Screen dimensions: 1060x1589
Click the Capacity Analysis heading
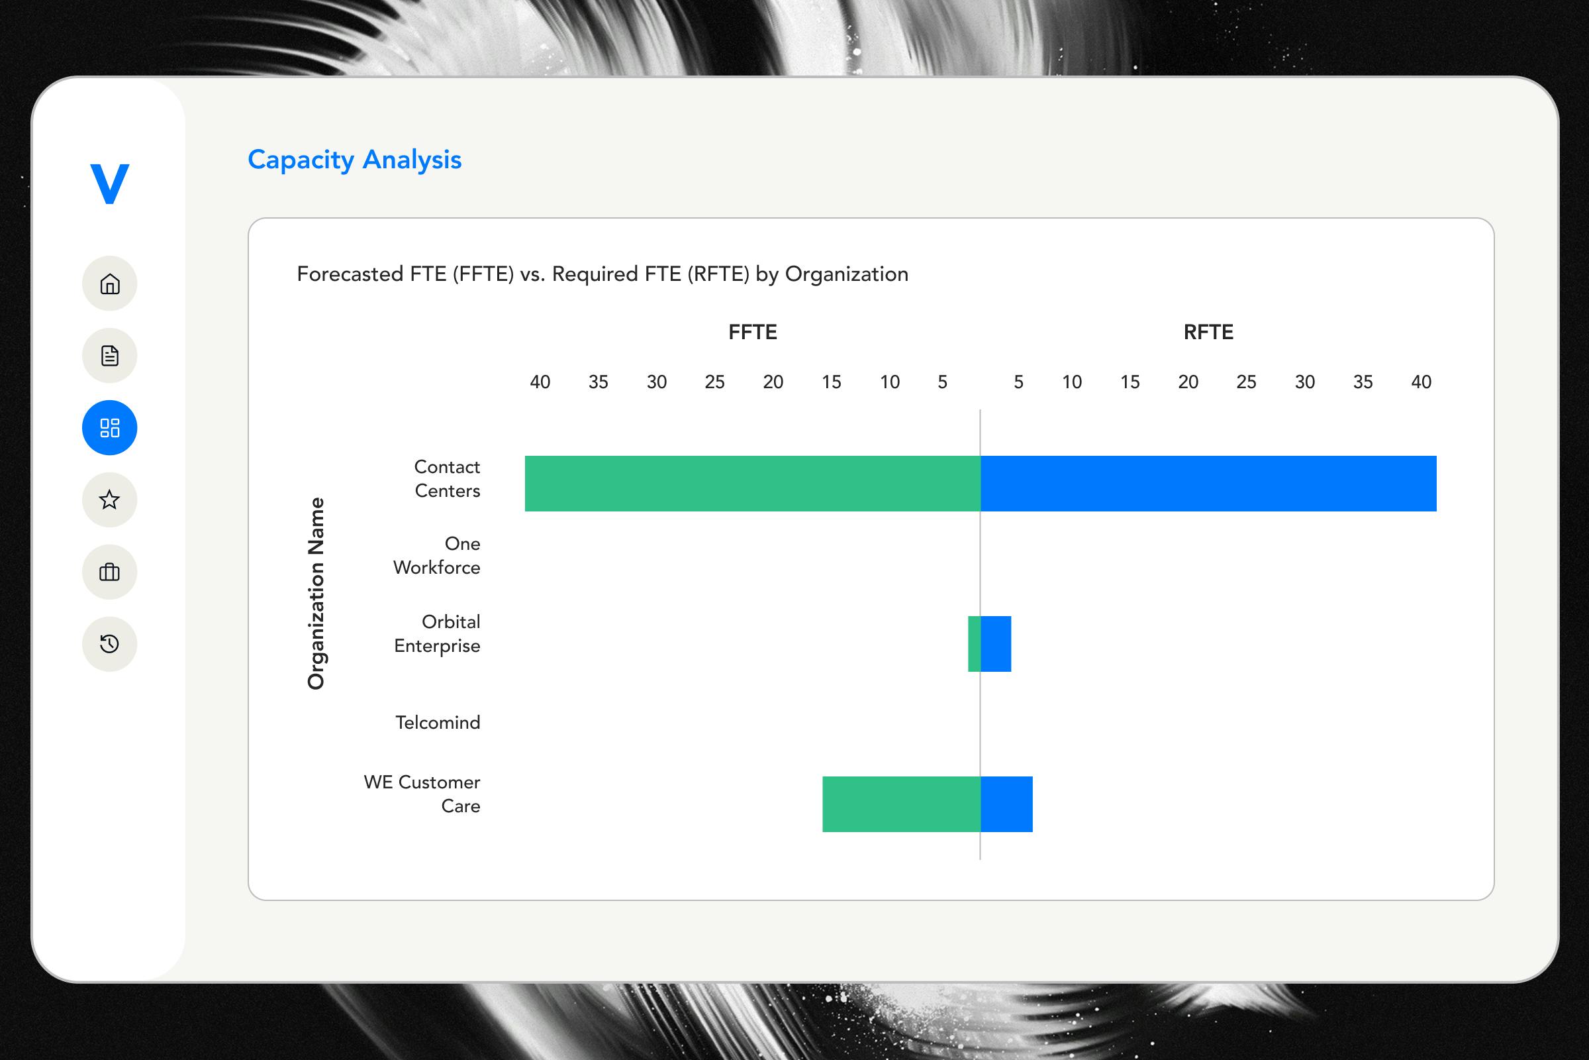click(x=354, y=160)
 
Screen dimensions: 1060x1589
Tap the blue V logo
click(x=109, y=184)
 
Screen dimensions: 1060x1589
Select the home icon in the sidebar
click(x=109, y=284)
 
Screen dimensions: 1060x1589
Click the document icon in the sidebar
click(x=109, y=356)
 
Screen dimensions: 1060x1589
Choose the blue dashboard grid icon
click(x=109, y=427)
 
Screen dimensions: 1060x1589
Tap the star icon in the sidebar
click(x=109, y=500)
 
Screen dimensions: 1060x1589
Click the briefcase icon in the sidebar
click(x=109, y=572)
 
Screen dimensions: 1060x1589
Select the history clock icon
click(x=109, y=643)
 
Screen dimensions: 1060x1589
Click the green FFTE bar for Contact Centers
click(x=752, y=484)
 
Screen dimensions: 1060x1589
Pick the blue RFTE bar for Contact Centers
click(x=1208, y=484)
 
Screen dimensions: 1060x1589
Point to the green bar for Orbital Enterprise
click(x=974, y=643)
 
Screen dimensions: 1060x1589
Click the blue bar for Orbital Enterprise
click(x=996, y=643)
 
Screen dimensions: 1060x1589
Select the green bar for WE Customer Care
click(x=901, y=804)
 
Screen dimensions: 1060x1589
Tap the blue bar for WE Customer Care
click(x=1006, y=804)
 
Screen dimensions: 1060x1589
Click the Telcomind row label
click(x=438, y=722)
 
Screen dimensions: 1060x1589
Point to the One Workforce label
click(x=437, y=555)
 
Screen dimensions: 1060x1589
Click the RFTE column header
click(x=1208, y=332)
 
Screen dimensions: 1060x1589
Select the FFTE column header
click(x=753, y=332)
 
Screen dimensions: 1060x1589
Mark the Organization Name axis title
click(x=316, y=593)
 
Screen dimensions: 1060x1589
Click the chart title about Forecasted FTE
click(x=602, y=274)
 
